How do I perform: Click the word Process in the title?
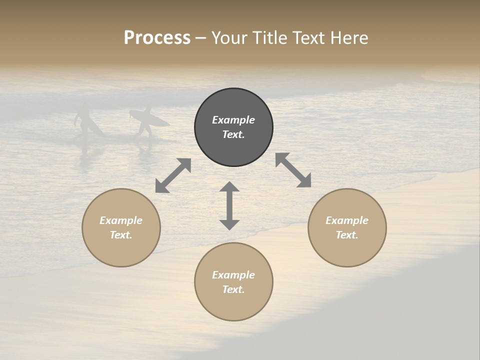[157, 38]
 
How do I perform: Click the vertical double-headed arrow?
[229, 205]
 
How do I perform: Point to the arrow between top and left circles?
[173, 175]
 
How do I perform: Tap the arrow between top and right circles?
[293, 170]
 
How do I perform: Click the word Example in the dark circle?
[233, 120]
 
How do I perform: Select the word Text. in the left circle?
[121, 235]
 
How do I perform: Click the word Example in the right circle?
[347, 220]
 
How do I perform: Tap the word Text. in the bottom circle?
[233, 289]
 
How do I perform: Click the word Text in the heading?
[309, 38]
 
